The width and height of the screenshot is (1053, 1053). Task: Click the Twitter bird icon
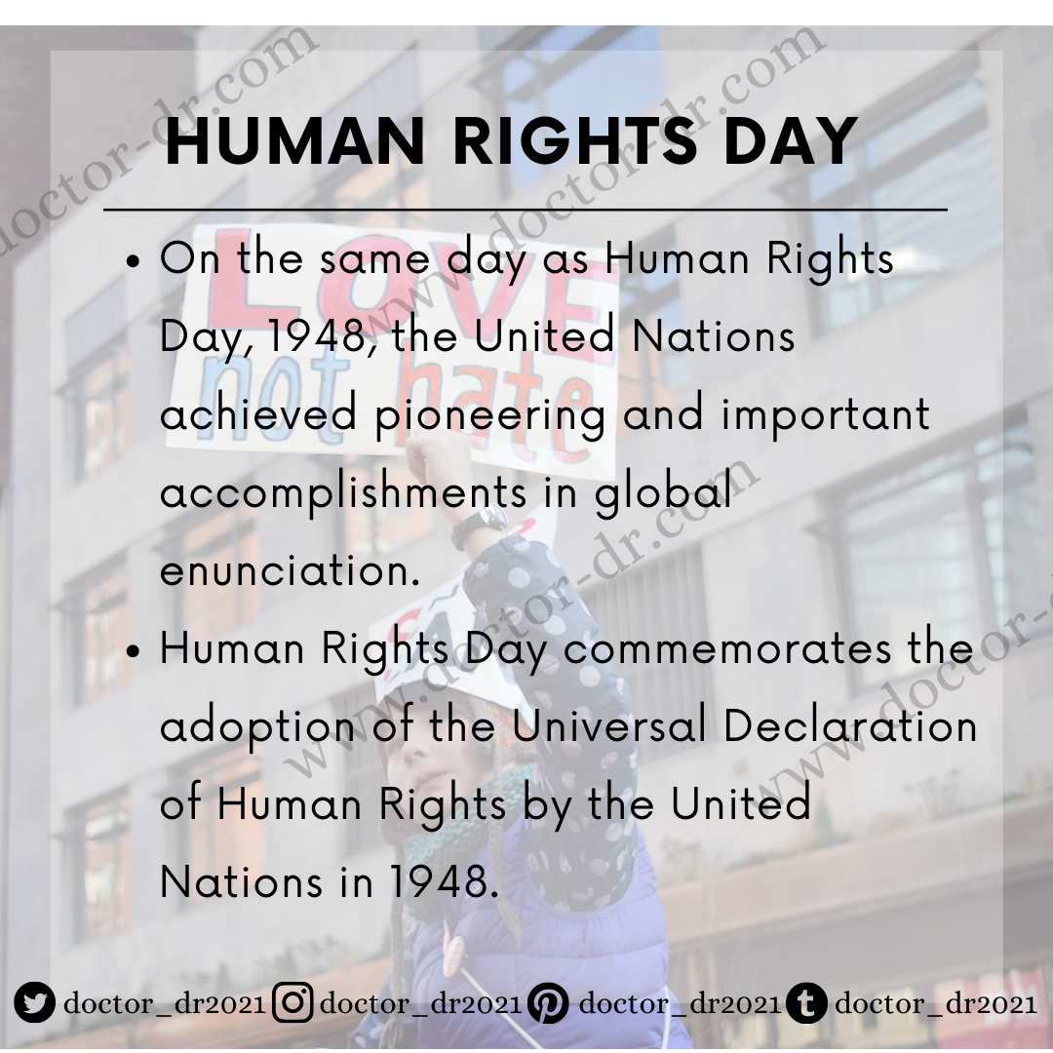coord(35,1003)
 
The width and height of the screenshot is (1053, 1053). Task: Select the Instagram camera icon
coord(292,1003)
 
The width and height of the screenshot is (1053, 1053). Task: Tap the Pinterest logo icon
coord(550,1003)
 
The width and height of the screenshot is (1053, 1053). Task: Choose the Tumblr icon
coord(806,1003)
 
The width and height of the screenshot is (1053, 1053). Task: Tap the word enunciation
coord(290,571)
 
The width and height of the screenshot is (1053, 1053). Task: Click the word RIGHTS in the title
coord(575,141)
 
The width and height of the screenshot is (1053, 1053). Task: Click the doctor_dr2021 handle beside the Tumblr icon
coord(936,1003)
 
